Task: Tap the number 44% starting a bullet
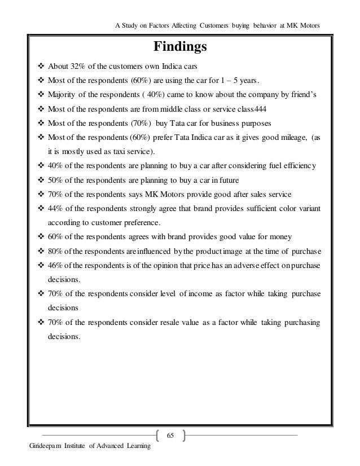57,209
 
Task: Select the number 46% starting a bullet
57,265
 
